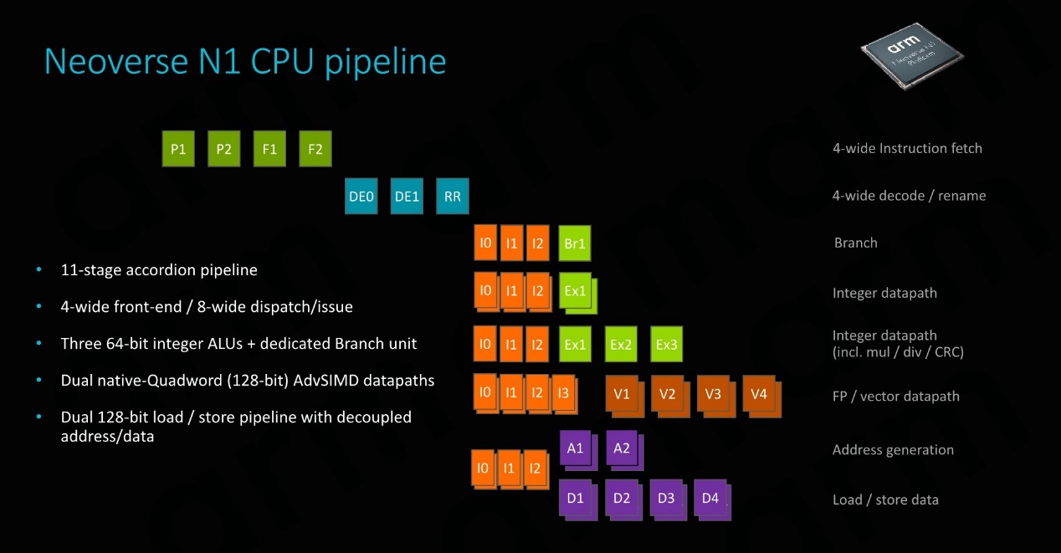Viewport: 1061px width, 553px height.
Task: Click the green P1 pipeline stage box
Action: click(x=178, y=149)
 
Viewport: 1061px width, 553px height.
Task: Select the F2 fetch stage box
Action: click(x=315, y=149)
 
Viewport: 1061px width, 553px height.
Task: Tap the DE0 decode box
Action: click(x=361, y=196)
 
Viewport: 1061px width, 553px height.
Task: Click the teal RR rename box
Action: click(x=453, y=196)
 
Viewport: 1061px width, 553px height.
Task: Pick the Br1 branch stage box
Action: click(x=575, y=243)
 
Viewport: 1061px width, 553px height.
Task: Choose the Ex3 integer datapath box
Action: click(x=666, y=344)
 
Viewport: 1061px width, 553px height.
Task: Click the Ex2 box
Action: click(x=621, y=344)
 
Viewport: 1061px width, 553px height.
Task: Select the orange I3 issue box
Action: click(x=564, y=394)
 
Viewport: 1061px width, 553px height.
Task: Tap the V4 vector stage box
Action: click(x=761, y=397)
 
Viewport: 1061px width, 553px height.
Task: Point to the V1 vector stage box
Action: click(x=624, y=397)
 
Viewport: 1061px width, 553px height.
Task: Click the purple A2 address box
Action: click(x=624, y=450)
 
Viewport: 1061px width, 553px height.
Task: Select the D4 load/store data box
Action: click(x=712, y=500)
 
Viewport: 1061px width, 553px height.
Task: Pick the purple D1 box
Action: click(x=577, y=500)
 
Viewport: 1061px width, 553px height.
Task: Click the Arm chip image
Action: click(x=912, y=56)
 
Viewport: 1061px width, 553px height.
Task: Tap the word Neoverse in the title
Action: click(x=116, y=62)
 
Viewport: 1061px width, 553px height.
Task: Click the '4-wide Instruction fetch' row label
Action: click(x=907, y=148)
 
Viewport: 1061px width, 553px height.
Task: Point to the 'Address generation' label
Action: click(x=893, y=450)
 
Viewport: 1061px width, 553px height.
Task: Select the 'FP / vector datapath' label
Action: click(x=895, y=397)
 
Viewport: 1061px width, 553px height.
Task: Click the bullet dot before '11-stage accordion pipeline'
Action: click(x=38, y=269)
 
